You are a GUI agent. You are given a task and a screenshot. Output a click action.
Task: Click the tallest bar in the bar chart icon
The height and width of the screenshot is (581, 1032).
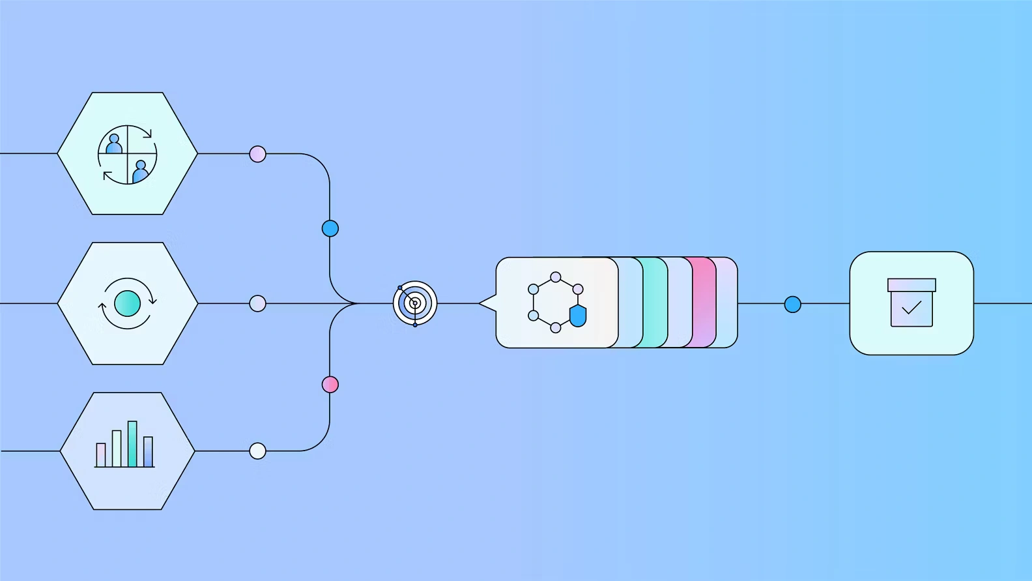click(132, 444)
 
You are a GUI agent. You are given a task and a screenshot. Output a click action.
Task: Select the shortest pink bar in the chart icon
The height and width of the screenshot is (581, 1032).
click(101, 454)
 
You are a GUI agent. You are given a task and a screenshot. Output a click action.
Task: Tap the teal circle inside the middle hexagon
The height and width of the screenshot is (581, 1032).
click(127, 303)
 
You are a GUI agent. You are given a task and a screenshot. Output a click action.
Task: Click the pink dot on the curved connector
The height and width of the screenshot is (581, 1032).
click(330, 385)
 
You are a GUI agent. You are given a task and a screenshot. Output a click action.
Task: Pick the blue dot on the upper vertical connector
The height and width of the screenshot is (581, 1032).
click(330, 228)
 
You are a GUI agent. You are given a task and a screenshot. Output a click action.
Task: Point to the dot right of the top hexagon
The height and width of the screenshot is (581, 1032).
click(258, 154)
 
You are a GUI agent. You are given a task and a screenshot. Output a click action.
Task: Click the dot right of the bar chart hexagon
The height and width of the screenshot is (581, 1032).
click(258, 451)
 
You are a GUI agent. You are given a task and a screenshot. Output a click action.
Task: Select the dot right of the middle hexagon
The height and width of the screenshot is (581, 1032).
click(258, 303)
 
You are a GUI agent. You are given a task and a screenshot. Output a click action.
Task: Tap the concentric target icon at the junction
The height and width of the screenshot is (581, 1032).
click(415, 303)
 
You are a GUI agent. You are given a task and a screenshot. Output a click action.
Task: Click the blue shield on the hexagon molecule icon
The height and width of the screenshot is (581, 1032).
click(578, 316)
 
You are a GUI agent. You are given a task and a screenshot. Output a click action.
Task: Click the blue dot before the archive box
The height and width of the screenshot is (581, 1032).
click(792, 304)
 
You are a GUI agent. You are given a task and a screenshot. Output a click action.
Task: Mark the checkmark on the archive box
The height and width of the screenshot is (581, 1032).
click(911, 307)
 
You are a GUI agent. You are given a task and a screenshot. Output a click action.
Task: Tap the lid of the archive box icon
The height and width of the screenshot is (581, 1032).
click(911, 285)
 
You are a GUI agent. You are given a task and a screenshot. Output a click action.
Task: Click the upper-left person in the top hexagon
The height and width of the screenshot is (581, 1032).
click(115, 144)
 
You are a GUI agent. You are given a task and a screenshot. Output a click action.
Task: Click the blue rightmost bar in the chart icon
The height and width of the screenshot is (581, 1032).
click(149, 451)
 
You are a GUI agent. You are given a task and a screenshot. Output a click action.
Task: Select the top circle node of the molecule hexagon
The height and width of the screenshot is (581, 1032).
click(556, 277)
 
